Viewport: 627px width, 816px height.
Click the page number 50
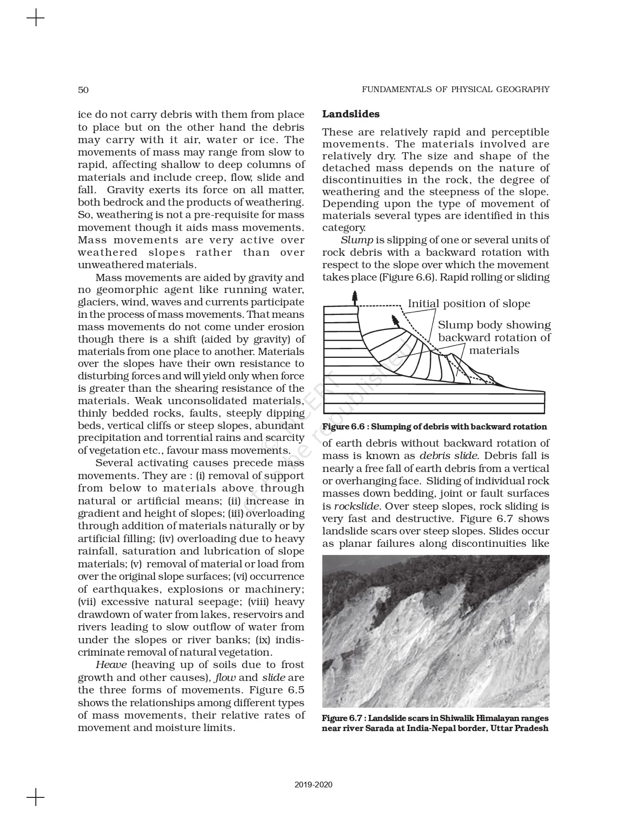coord(83,90)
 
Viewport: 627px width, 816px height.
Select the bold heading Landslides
coord(351,114)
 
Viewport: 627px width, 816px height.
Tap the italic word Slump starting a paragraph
coord(357,240)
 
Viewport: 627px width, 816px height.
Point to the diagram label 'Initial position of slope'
coord(468,304)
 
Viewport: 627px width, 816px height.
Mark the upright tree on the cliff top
coord(354,298)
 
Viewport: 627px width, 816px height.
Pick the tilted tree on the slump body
coord(395,321)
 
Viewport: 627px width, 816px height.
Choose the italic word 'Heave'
coord(111,665)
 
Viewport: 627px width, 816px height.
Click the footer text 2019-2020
coord(313,785)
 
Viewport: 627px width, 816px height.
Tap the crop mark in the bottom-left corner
coord(35,797)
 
